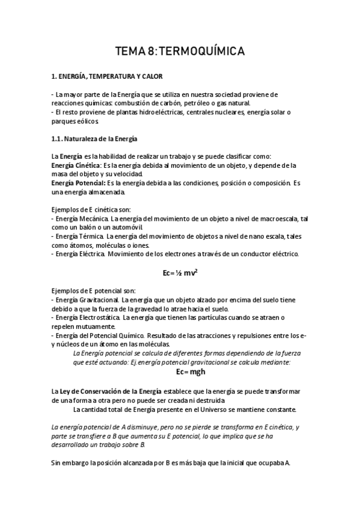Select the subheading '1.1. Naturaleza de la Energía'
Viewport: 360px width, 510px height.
95,139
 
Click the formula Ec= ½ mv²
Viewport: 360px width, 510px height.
181,272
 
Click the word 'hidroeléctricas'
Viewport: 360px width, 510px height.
158,112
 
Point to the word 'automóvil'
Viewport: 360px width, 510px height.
126,228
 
